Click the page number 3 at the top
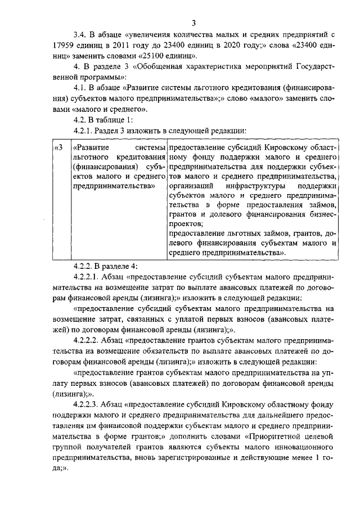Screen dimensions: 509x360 click(x=193, y=23)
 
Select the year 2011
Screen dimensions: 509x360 click(x=127, y=47)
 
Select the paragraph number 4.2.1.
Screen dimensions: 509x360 click(x=85, y=130)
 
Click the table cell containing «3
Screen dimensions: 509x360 click(x=57, y=147)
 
